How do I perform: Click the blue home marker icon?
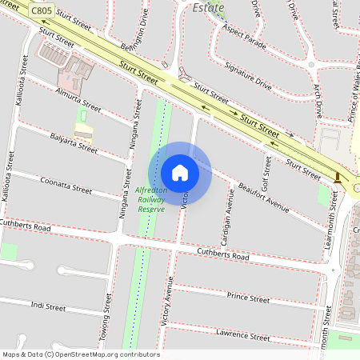point(180,172)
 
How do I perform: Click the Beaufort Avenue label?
point(263,195)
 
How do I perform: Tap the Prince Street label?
point(248,298)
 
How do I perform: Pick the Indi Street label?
point(48,306)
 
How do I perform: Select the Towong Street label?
point(106,316)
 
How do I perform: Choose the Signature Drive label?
point(248,76)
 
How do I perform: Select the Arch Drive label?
point(317,98)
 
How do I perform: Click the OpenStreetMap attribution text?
point(80,354)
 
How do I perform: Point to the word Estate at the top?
point(210,7)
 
